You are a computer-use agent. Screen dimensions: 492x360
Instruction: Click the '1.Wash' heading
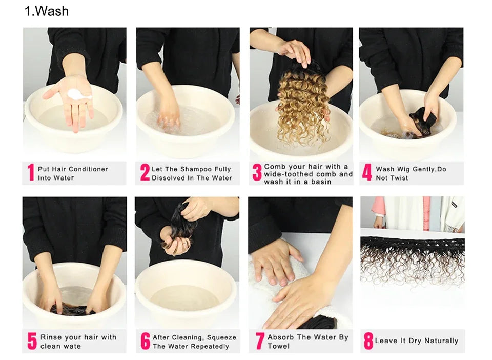[47, 11]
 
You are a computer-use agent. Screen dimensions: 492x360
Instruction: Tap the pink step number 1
[31, 172]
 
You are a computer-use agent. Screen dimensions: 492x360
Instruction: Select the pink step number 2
[145, 172]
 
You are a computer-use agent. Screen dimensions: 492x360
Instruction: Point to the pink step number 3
[257, 172]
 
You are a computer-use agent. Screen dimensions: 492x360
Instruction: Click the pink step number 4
[367, 172]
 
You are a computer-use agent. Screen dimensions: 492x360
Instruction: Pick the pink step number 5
[32, 341]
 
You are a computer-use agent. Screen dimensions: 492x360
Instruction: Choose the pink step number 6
[145, 341]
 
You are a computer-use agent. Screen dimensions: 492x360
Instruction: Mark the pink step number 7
[259, 341]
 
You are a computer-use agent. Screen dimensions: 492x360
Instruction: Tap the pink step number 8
[368, 341]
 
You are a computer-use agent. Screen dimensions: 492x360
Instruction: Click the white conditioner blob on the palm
[78, 94]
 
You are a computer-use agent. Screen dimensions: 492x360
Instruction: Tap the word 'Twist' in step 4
[399, 178]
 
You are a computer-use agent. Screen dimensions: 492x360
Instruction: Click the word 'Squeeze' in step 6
[221, 338]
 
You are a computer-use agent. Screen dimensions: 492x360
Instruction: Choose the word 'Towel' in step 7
[279, 346]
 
